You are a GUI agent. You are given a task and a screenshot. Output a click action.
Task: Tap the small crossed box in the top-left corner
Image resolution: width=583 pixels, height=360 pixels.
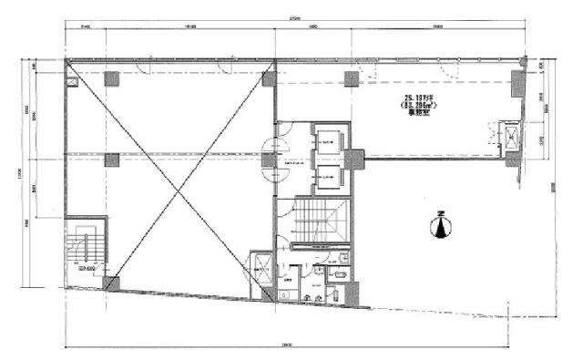[x=72, y=80]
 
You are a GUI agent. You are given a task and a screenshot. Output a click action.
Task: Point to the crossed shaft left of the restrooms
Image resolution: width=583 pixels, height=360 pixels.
[x=262, y=265]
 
